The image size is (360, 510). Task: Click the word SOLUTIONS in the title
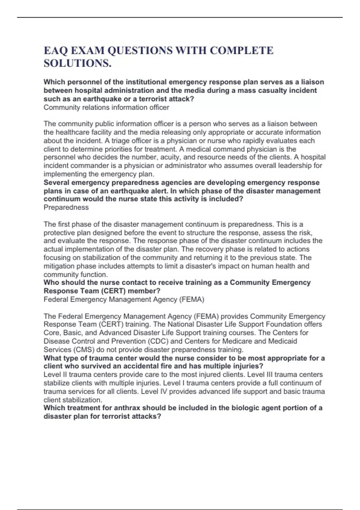(x=77, y=63)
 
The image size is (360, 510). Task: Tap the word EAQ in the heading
(x=56, y=50)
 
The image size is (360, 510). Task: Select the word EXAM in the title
(x=88, y=50)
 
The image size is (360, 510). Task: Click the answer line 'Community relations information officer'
(x=106, y=107)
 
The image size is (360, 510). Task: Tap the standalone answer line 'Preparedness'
(x=66, y=207)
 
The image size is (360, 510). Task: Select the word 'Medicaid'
(x=282, y=341)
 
